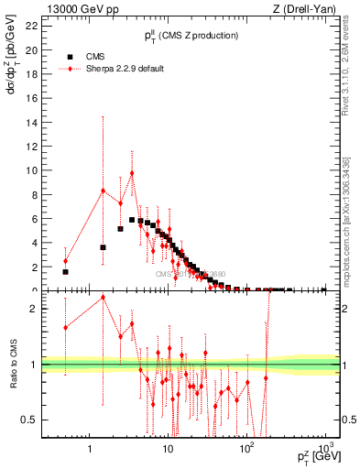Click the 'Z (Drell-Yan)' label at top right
click(x=311, y=9)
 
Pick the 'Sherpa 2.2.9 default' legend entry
click(x=120, y=69)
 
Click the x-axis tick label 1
click(x=90, y=450)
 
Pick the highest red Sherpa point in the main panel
click(x=132, y=173)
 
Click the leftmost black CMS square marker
click(x=65, y=271)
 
